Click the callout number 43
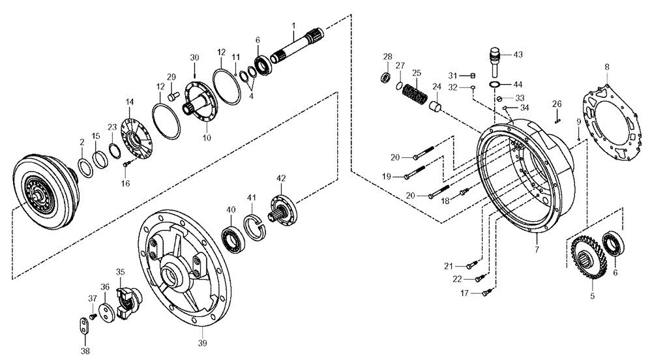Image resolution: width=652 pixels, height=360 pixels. [x=518, y=55]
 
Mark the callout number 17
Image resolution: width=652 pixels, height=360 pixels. [x=464, y=293]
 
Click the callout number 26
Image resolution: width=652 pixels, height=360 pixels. [x=557, y=104]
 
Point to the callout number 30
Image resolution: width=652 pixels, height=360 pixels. [x=194, y=57]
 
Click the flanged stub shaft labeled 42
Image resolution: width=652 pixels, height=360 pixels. [x=284, y=210]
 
